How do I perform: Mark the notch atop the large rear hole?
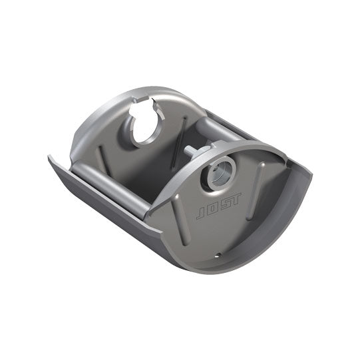[146, 106]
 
